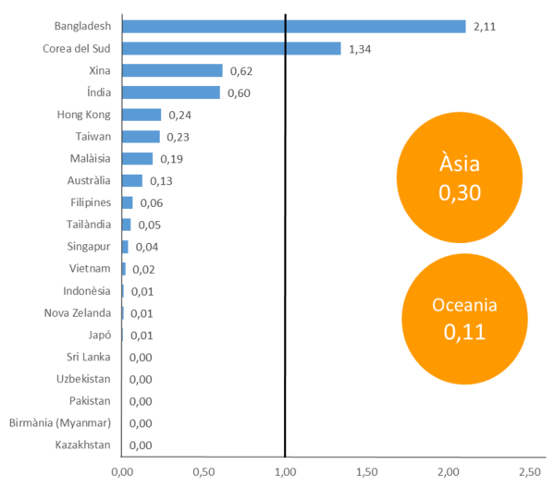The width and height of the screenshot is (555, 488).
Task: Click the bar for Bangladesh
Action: click(x=293, y=27)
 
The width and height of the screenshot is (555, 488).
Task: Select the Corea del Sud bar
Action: click(x=231, y=49)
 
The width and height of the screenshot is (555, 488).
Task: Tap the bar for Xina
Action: click(x=172, y=70)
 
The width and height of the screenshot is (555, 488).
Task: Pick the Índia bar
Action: click(x=171, y=92)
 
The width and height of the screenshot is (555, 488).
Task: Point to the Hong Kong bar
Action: click(x=142, y=115)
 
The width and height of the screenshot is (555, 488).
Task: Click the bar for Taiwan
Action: click(x=141, y=137)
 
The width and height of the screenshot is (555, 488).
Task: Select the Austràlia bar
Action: click(x=132, y=180)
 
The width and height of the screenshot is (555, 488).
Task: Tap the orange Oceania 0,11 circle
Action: click(x=464, y=319)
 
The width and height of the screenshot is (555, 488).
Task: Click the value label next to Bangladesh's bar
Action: click(x=485, y=27)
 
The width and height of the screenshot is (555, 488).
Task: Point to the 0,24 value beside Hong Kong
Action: click(x=179, y=115)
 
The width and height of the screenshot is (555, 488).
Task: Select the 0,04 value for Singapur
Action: click(x=146, y=247)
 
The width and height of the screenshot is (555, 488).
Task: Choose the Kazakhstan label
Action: click(x=83, y=445)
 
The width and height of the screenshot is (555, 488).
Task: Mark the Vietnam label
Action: click(x=91, y=268)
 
